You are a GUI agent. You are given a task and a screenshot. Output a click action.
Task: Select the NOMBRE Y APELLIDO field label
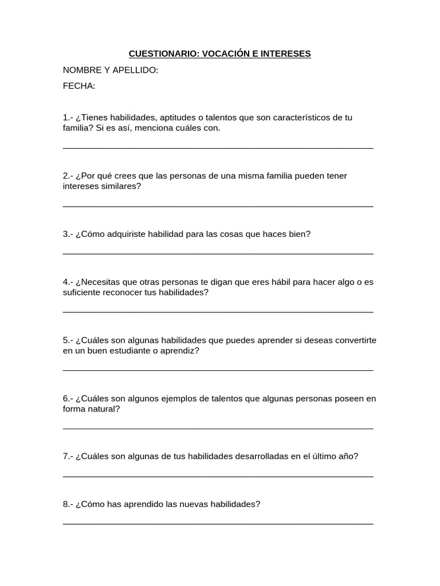point(111,70)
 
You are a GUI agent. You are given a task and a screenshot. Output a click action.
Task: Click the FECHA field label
point(79,86)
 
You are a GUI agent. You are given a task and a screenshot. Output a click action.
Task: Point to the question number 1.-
point(68,117)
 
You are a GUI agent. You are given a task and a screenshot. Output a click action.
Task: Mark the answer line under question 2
point(218,205)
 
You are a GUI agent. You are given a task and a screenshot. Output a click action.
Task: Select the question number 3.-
point(68,233)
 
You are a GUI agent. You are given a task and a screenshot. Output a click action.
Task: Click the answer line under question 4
point(218,311)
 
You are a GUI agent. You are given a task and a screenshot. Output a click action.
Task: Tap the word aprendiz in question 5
point(181,350)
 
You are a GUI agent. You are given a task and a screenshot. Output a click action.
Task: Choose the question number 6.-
point(68,398)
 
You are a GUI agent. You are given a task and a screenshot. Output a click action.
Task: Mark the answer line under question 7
point(218,476)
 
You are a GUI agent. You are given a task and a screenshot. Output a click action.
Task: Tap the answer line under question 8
point(218,523)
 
